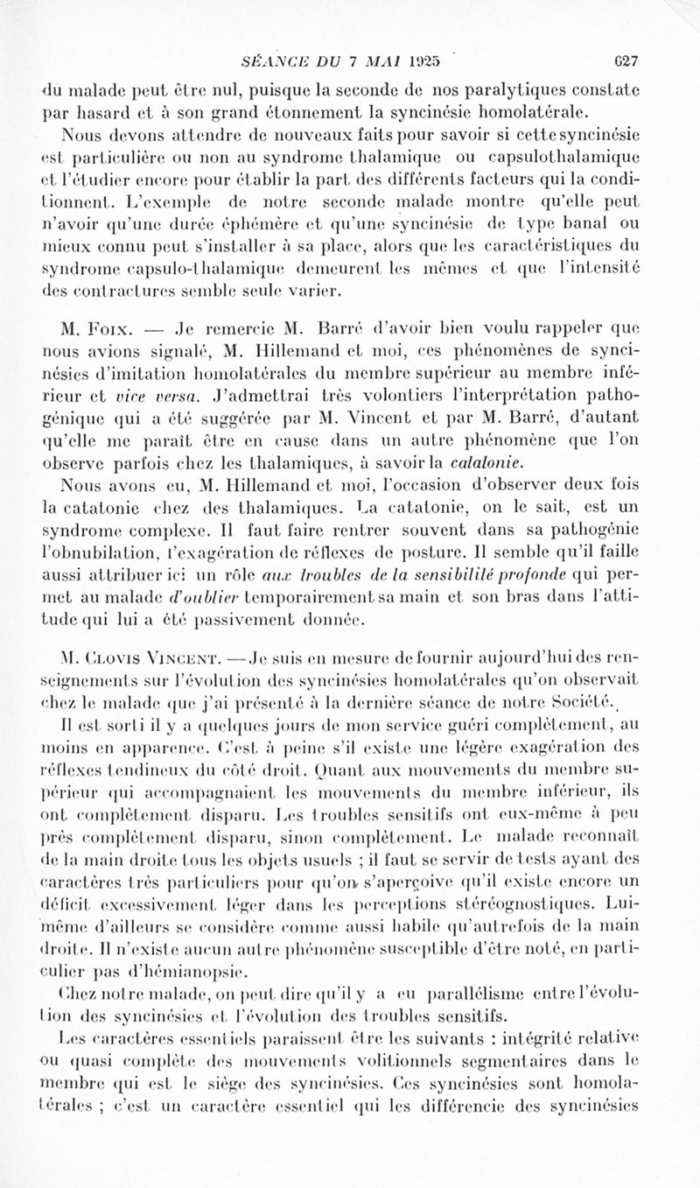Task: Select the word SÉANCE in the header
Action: [271, 61]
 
